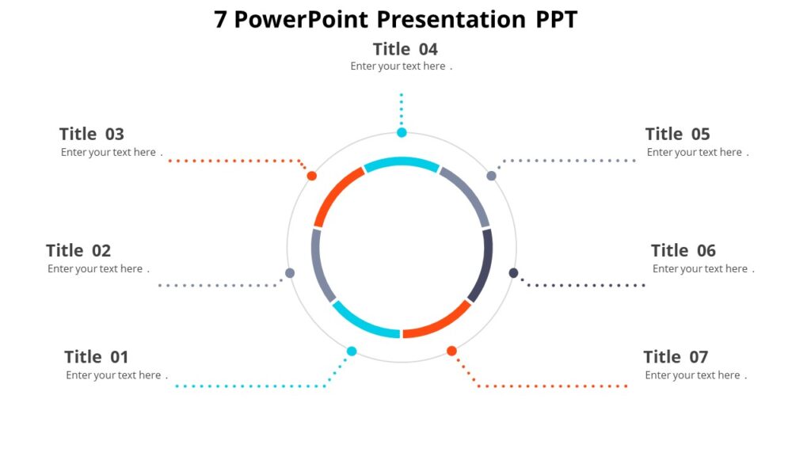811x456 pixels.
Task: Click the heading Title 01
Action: coord(96,357)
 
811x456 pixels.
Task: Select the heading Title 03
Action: coord(92,134)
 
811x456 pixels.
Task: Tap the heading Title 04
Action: coord(405,49)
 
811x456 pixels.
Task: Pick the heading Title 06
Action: coord(683,250)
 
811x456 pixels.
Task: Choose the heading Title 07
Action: coord(676,357)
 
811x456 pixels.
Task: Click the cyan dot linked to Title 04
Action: coord(402,132)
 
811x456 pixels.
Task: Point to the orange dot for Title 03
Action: coord(312,176)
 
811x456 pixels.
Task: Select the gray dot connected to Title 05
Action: coord(491,176)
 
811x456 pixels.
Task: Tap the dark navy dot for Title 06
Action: coord(513,273)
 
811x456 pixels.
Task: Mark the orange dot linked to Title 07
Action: coord(451,351)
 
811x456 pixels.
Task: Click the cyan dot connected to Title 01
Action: coord(352,351)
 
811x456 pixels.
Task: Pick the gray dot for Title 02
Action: coord(290,273)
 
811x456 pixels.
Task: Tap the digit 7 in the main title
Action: coord(220,19)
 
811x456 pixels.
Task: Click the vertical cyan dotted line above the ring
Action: coord(402,109)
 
